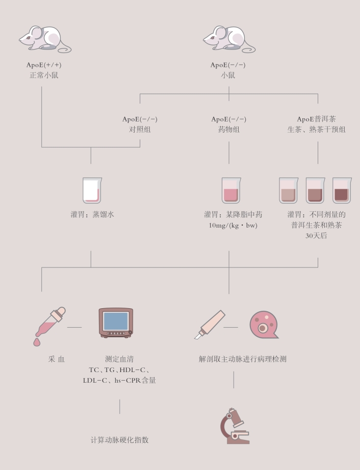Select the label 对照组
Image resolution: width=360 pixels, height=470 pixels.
tap(140, 130)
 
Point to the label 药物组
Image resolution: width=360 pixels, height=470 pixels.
tap(228, 130)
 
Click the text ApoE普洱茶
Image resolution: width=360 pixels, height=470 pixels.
tap(317, 119)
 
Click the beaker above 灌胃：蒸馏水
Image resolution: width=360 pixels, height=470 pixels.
tap(92, 190)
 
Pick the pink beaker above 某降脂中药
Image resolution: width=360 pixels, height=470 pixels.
tap(230, 190)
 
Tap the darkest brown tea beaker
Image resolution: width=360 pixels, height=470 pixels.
tap(342, 190)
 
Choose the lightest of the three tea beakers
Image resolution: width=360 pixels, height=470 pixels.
tap(289, 190)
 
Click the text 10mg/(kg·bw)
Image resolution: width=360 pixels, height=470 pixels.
tap(228, 225)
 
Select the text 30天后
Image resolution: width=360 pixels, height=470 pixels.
tap(316, 236)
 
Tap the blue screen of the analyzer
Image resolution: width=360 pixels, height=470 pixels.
tap(115, 321)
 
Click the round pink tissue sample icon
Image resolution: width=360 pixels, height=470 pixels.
tap(263, 325)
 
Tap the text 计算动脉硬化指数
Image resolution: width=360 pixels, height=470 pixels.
tap(119, 440)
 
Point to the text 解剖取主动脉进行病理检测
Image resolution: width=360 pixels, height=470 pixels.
tap(242, 359)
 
